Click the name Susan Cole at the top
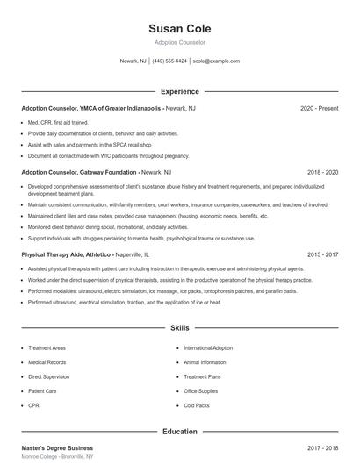tap(179, 28)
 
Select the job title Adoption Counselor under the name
tap(179, 42)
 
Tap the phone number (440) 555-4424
tap(169, 61)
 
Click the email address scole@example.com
tap(216, 61)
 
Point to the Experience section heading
tap(180, 91)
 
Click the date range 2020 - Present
tap(319, 108)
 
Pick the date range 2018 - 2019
tap(322, 173)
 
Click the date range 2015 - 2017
tap(322, 254)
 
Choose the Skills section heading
tap(180, 328)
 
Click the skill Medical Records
tap(47, 362)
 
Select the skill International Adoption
tap(209, 347)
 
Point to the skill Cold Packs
tap(197, 406)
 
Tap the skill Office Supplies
tap(201, 391)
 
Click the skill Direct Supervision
tap(50, 376)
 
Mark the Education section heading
tap(180, 432)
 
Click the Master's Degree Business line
tap(57, 447)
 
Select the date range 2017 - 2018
tap(322, 447)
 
